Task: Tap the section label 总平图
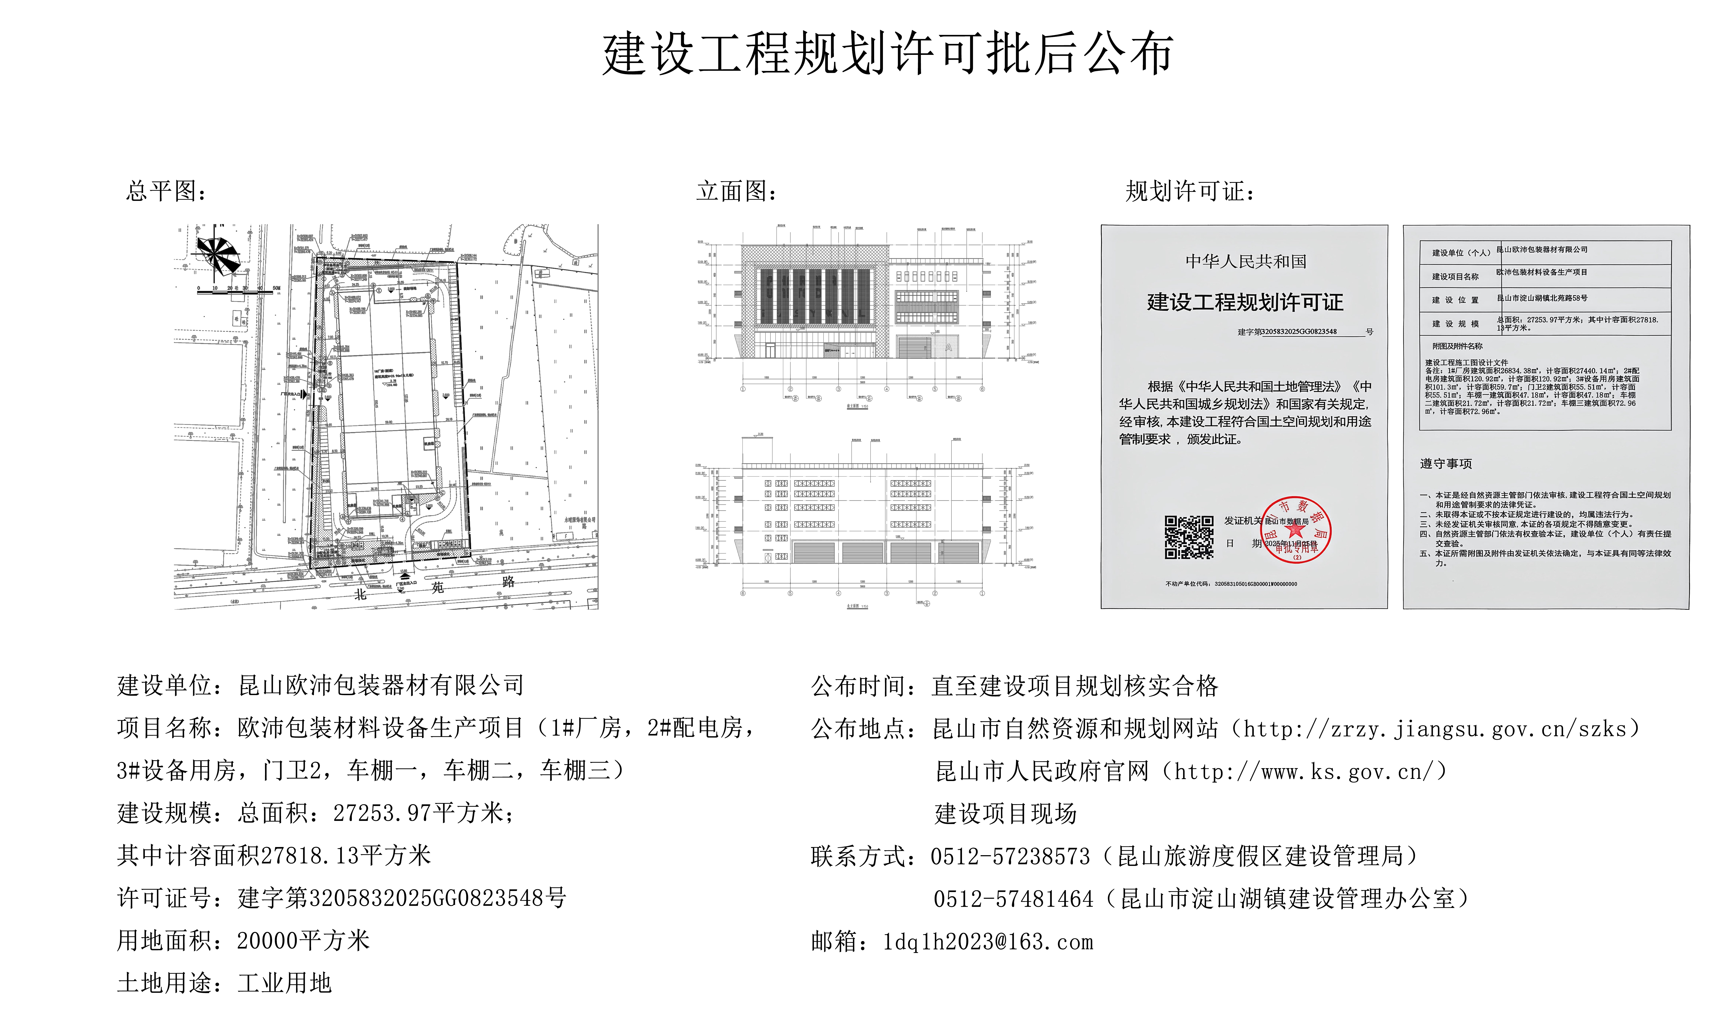point(165,191)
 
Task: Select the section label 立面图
point(736,191)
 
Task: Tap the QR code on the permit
point(1189,537)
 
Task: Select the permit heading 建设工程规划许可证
point(1245,302)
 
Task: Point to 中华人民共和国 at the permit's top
point(1245,261)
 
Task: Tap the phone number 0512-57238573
point(1010,856)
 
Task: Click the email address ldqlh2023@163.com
point(988,942)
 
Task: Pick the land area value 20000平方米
point(303,941)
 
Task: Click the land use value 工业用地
point(285,983)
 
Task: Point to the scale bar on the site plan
point(236,292)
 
